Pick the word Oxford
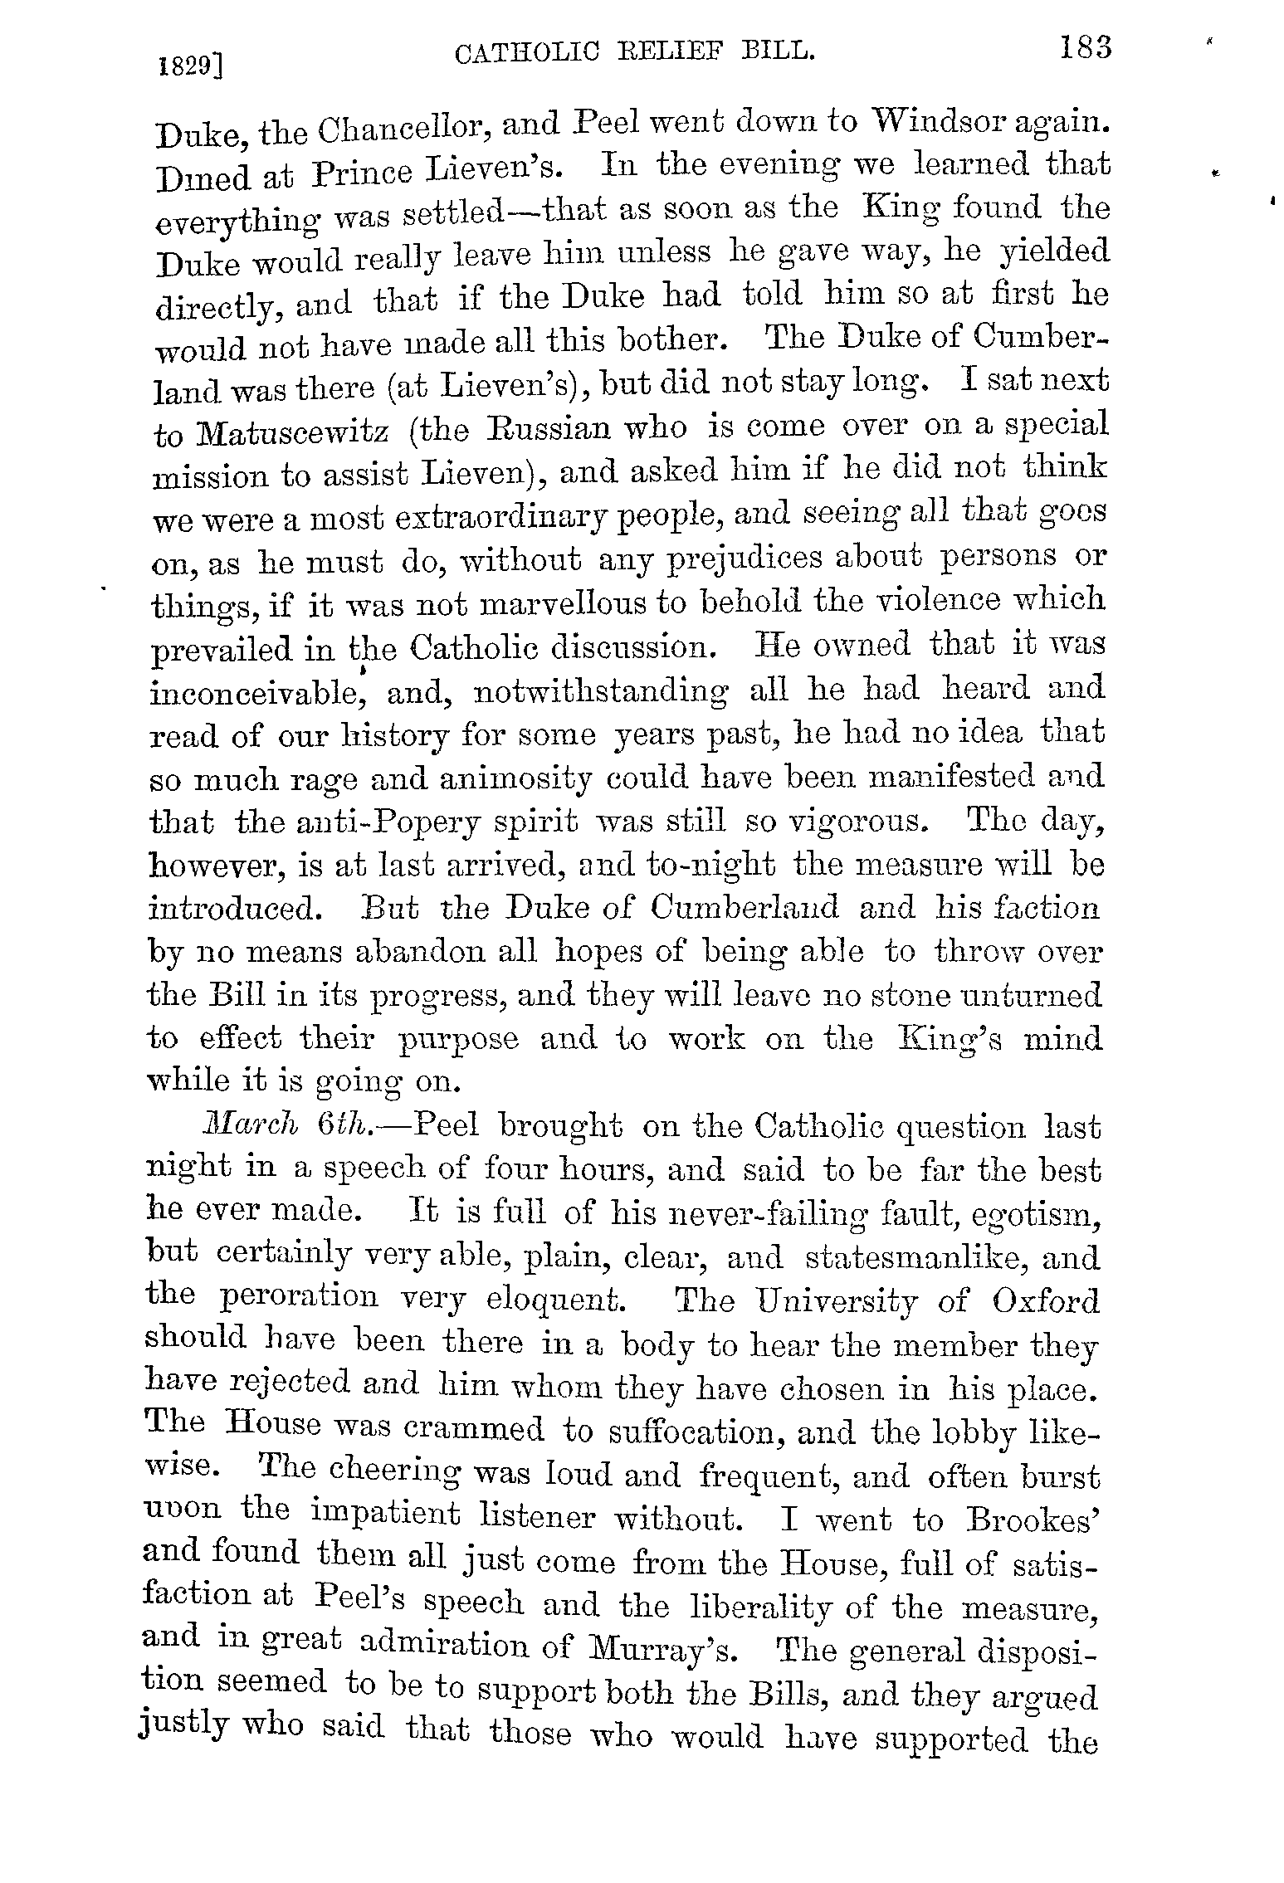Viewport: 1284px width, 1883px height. [x=1045, y=1300]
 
